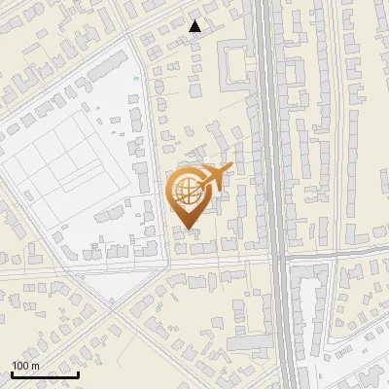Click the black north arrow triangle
click(x=195, y=26)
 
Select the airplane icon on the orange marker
click(x=214, y=176)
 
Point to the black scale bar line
click(x=45, y=375)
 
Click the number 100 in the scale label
click(x=20, y=366)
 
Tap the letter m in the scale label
click(x=35, y=366)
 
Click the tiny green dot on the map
click(x=136, y=78)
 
